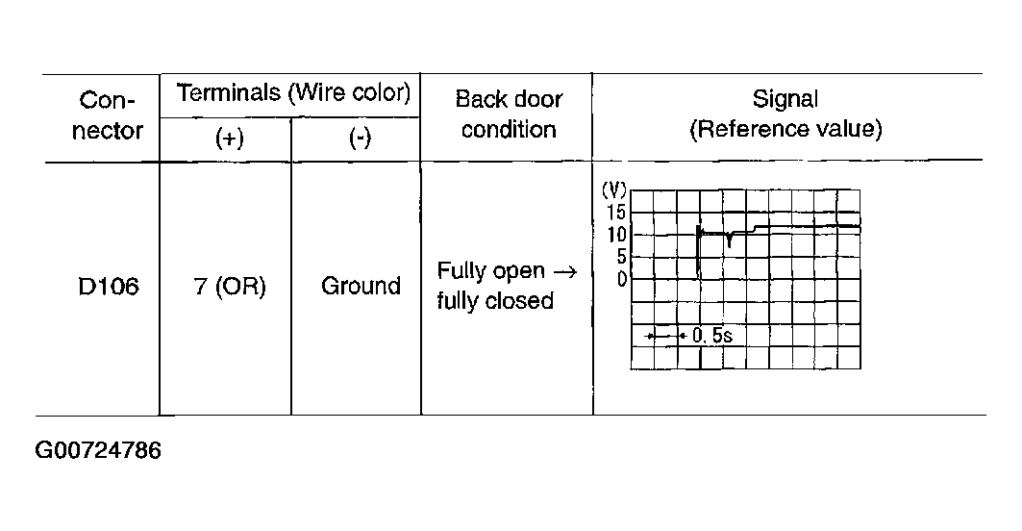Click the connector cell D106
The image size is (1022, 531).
[109, 287]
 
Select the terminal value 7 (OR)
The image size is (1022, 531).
[230, 287]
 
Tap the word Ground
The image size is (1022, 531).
[361, 286]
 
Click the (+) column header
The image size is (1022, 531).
[230, 139]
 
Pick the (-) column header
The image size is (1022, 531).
[360, 138]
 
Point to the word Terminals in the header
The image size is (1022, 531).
[229, 92]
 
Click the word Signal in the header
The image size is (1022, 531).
[785, 99]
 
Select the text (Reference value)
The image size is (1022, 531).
[785, 129]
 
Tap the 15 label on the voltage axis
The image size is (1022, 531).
[616, 212]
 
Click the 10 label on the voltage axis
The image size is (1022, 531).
[616, 234]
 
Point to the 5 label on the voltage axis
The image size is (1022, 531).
[621, 257]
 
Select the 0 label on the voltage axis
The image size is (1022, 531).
[622, 279]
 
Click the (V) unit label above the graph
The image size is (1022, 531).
[613, 190]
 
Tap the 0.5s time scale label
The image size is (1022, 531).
[711, 336]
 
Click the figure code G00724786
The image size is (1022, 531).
[98, 450]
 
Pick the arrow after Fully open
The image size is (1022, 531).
[564, 271]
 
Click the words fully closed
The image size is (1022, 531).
[495, 301]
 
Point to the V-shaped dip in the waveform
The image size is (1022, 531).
[730, 240]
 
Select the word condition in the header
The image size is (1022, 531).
[509, 129]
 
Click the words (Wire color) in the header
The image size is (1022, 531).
[349, 92]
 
